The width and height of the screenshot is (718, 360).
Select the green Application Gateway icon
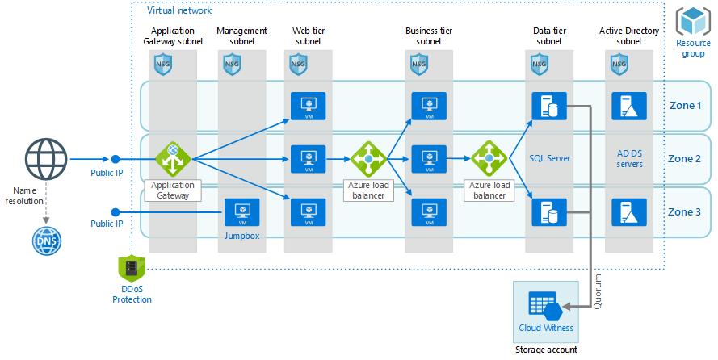pos(171,159)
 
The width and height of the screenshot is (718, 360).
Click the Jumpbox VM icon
pos(241,212)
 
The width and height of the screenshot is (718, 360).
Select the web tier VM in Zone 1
pos(308,106)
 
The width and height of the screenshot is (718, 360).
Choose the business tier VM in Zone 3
pos(428,212)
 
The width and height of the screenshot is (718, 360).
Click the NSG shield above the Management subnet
pos(232,64)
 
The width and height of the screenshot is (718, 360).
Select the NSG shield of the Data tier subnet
pos(540,64)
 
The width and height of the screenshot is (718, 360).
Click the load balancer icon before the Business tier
pos(369,159)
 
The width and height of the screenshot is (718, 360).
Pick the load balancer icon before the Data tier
pos(489,159)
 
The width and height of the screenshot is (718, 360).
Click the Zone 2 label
pos(685,158)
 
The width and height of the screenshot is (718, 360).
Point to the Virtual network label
pos(179,10)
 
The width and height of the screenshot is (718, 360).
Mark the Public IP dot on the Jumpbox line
pos(115,212)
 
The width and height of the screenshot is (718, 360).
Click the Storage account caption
pos(546,350)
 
